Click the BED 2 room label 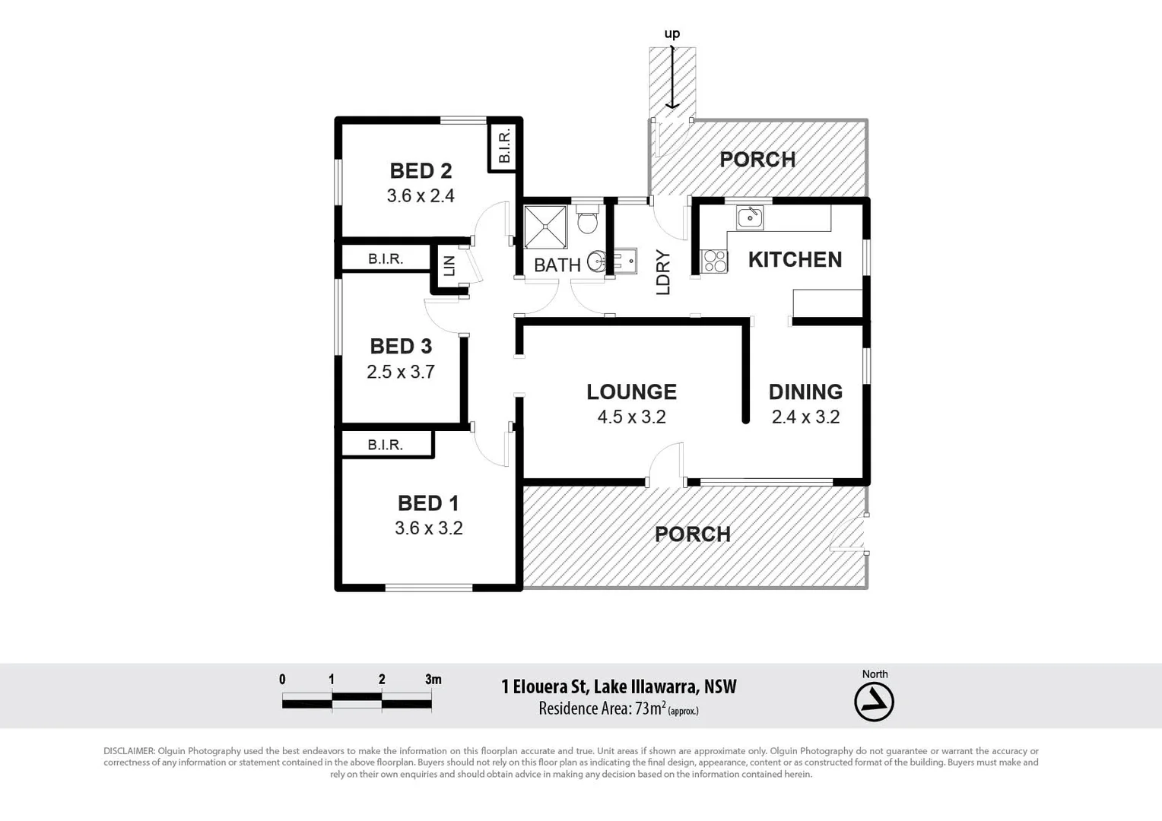pos(421,171)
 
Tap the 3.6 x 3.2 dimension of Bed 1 pos(428,528)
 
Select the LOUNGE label pos(631,392)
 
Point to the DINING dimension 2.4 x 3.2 pos(805,417)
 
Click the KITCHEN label pos(795,260)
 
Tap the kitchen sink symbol pos(750,217)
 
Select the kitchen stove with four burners pos(715,262)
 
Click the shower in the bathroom pos(545,227)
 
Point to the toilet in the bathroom pos(587,220)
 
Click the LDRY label pos(663,272)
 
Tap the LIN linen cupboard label pos(449,266)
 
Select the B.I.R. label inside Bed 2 pos(504,146)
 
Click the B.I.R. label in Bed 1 pos(385,445)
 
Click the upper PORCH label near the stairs pos(757,160)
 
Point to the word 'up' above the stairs pos(672,33)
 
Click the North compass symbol pos(874,702)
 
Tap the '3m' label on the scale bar pos(433,680)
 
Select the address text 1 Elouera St pos(544,687)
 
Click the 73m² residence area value pos(650,708)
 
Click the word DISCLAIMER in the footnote pos(129,751)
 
